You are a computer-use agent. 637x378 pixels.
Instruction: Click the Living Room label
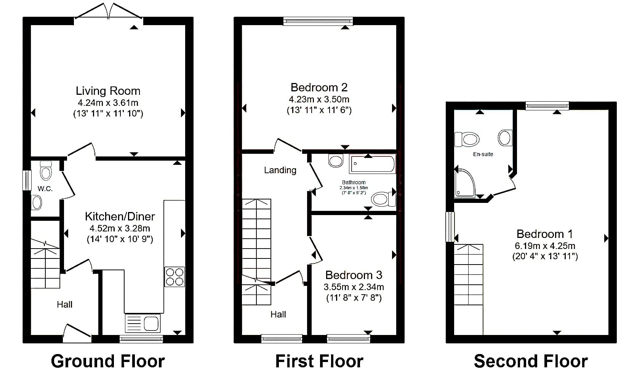[108, 91]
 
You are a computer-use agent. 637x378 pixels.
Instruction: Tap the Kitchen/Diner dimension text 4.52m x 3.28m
[120, 228]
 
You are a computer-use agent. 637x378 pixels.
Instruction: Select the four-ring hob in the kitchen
[174, 277]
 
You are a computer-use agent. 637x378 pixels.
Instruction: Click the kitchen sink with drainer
[142, 323]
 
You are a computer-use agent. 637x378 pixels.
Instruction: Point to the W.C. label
[45, 189]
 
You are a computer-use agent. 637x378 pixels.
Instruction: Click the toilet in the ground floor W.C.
[46, 171]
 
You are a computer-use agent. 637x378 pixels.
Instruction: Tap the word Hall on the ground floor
[64, 305]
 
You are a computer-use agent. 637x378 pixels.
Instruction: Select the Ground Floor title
[108, 361]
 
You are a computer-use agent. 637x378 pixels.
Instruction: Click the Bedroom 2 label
[319, 88]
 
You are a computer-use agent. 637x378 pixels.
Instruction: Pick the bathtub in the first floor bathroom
[373, 164]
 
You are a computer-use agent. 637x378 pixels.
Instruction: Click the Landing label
[280, 170]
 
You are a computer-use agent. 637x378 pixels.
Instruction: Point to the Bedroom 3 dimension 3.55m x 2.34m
[354, 287]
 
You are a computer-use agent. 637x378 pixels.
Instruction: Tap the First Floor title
[319, 361]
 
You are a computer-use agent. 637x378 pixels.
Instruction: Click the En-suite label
[483, 154]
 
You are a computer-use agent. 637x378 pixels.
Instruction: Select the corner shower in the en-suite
[465, 183]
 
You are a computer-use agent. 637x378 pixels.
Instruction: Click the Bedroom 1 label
[544, 234]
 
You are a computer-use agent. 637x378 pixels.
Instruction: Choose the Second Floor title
[531, 361]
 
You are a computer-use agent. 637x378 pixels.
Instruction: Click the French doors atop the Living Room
[108, 11]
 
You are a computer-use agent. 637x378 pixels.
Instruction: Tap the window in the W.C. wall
[27, 180]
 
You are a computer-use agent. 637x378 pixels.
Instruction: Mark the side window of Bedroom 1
[450, 227]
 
